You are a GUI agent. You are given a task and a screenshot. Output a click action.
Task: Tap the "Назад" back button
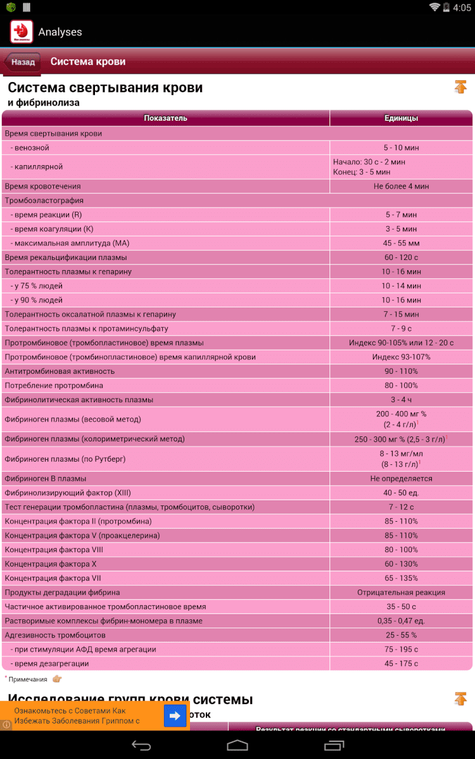point(23,62)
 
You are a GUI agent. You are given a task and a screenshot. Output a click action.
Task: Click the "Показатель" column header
point(165,118)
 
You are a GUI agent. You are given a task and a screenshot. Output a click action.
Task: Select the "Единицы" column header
point(401,118)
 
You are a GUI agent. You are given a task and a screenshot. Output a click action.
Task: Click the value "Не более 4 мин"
point(401,187)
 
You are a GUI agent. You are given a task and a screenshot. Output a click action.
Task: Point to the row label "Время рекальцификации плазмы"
point(66,257)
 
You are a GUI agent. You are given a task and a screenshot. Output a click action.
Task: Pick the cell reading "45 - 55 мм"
point(401,244)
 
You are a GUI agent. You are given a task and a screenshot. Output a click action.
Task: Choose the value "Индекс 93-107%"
point(401,357)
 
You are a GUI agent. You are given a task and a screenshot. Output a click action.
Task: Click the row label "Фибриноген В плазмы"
point(46,479)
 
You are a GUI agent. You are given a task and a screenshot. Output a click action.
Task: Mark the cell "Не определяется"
point(401,479)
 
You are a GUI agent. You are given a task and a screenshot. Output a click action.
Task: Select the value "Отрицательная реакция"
point(401,593)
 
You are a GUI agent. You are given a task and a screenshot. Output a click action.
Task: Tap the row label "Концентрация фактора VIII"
point(54,550)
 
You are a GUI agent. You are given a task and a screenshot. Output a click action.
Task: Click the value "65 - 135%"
point(401,578)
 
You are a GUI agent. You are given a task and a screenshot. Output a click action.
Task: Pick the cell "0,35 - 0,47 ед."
point(401,621)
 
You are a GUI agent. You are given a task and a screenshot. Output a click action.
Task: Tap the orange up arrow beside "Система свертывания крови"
point(460,87)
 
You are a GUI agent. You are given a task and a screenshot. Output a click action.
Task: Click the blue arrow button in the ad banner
point(175,715)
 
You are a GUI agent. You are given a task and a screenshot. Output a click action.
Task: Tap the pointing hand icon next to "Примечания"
point(57,679)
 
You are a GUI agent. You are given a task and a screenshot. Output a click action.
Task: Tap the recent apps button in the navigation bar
point(334,746)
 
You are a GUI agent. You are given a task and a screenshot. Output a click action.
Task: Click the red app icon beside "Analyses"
point(20,32)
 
